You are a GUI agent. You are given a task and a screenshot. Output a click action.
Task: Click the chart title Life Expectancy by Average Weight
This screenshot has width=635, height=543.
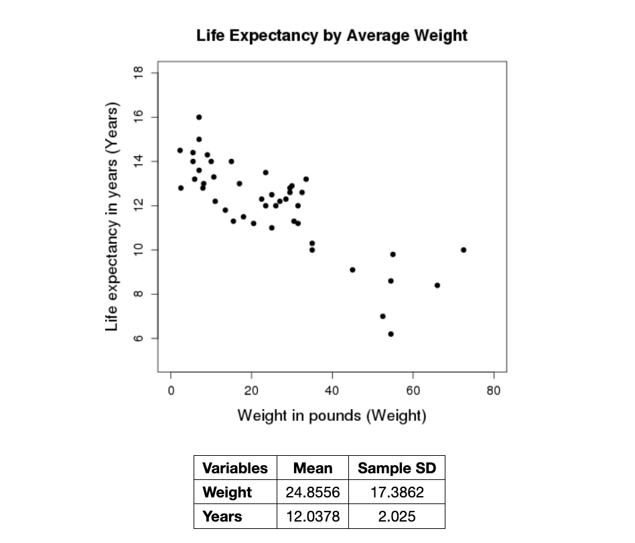pos(332,36)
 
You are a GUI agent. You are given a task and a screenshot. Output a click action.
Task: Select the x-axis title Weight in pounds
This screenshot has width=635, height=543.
pos(332,416)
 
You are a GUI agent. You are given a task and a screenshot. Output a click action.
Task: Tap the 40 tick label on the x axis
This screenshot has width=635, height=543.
pos(332,391)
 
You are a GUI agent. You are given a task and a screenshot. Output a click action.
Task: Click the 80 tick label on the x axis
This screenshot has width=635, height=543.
pos(494,391)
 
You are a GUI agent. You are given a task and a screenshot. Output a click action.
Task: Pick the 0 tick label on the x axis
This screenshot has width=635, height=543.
pos(171,391)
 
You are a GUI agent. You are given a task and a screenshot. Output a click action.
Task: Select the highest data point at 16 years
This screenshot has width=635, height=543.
pos(199,117)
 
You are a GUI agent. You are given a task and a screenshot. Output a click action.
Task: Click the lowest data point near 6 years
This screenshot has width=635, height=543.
pos(391,334)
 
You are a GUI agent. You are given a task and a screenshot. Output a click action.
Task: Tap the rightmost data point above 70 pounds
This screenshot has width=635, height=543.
pos(464,250)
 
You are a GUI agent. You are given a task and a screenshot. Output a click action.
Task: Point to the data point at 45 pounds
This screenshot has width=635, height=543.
pos(352,269)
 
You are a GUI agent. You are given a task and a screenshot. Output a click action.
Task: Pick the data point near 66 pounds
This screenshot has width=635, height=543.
pos(437,285)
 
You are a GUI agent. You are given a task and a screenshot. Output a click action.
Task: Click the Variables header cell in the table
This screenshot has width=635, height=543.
pos(234,468)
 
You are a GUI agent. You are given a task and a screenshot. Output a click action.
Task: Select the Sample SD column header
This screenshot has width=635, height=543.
pos(397,468)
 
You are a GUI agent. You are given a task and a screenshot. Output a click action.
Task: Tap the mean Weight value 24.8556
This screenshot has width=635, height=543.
pos(313,492)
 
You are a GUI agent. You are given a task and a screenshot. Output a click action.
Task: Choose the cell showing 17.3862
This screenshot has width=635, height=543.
pos(397,492)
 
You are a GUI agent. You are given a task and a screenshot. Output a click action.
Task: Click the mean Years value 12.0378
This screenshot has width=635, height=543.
pos(313,516)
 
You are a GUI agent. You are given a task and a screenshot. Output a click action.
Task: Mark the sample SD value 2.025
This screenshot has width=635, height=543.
pos(397,516)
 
